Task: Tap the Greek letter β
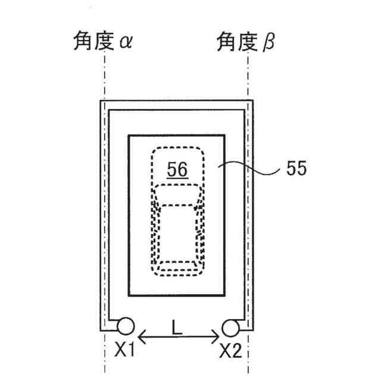pyautogui.click(x=269, y=43)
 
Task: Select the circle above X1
pyautogui.click(x=126, y=327)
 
